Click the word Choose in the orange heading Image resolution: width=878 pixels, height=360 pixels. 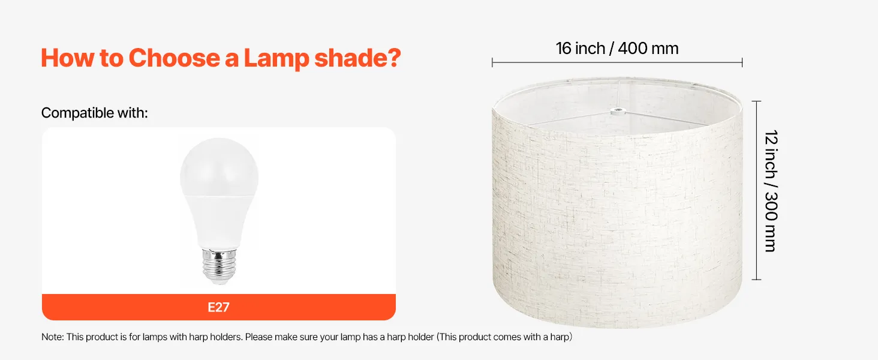tap(174, 58)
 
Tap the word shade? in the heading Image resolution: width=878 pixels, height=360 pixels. tap(357, 58)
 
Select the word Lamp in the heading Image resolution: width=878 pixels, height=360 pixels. tap(276, 59)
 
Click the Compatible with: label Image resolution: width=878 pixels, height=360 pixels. tap(95, 113)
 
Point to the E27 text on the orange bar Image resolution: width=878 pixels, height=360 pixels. tap(218, 307)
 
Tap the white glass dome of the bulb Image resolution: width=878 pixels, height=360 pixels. tap(220, 167)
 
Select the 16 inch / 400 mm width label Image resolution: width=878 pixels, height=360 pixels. tap(617, 49)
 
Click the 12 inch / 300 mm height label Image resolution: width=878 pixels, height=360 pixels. tap(771, 191)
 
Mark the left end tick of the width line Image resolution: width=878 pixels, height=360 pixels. tap(492, 62)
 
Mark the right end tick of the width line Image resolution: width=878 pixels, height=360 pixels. tap(742, 62)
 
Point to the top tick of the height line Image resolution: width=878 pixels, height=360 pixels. tap(756, 101)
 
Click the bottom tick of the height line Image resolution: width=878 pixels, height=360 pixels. tap(756, 280)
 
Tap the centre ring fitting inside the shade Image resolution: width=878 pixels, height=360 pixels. tap(618, 112)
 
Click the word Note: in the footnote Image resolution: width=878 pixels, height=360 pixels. tap(53, 337)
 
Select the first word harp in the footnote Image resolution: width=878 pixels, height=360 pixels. tap(199, 337)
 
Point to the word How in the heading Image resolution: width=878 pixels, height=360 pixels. tap(67, 58)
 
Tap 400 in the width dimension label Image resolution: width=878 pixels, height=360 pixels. tap(633, 49)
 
